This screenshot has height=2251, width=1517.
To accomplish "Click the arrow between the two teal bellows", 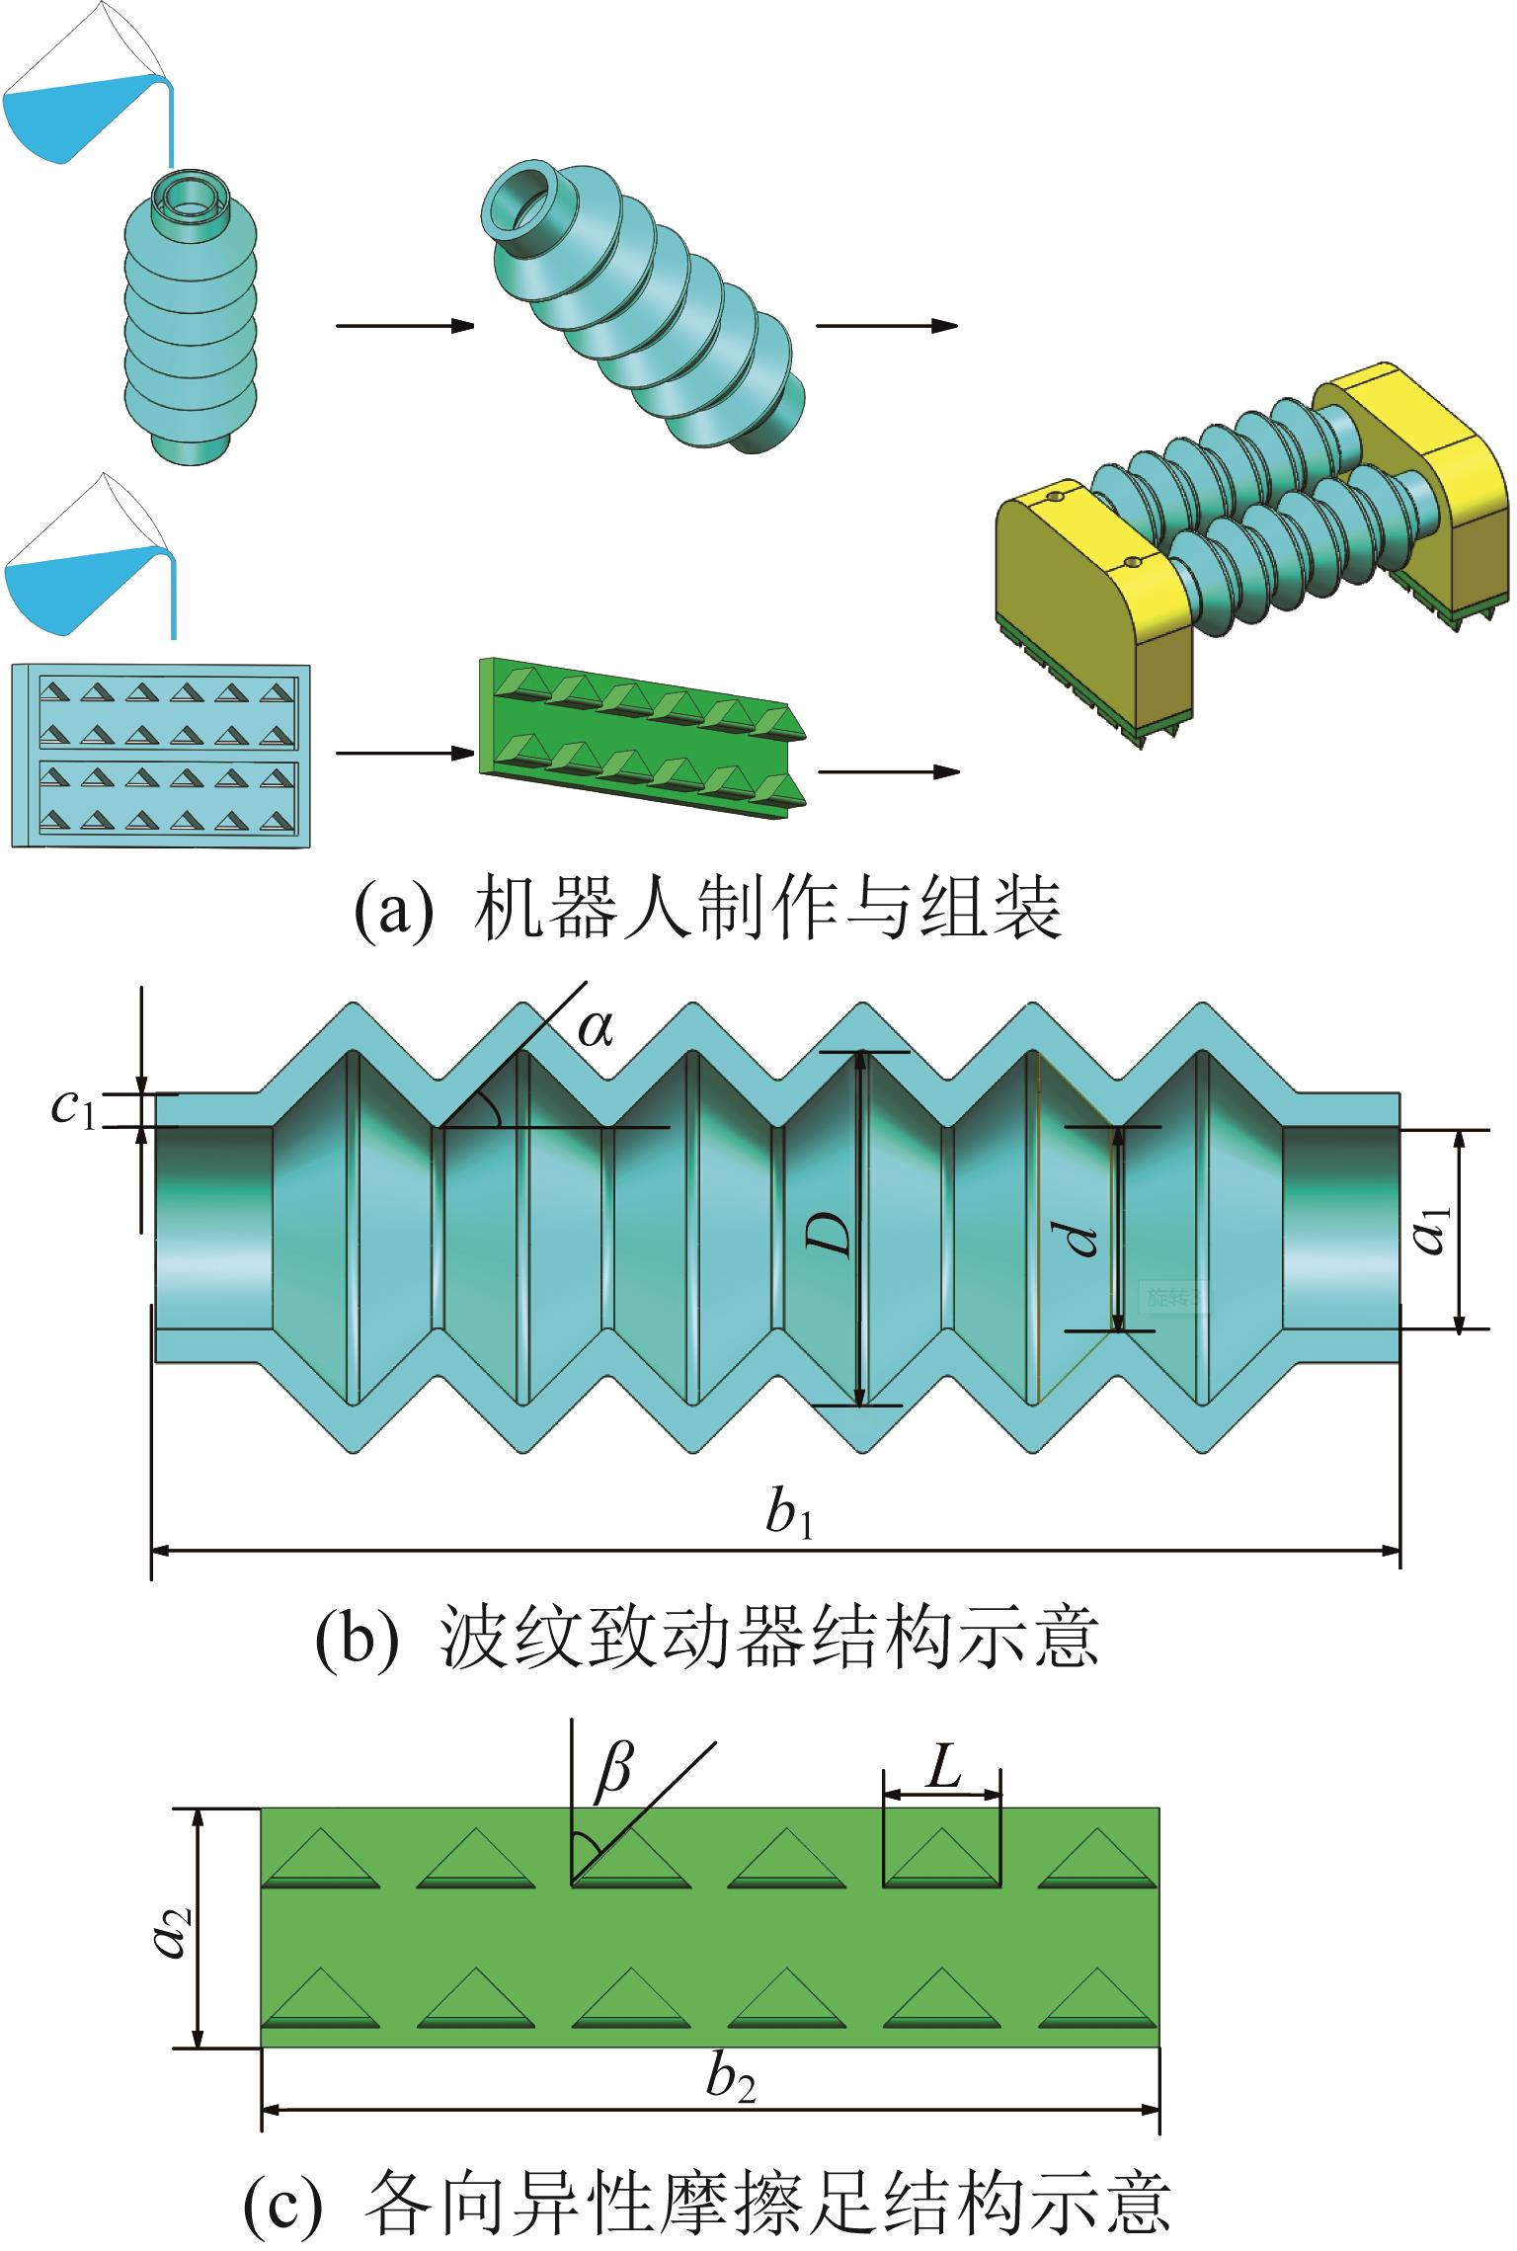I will pos(406,326).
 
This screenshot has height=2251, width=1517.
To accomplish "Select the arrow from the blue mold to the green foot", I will pos(400,753).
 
